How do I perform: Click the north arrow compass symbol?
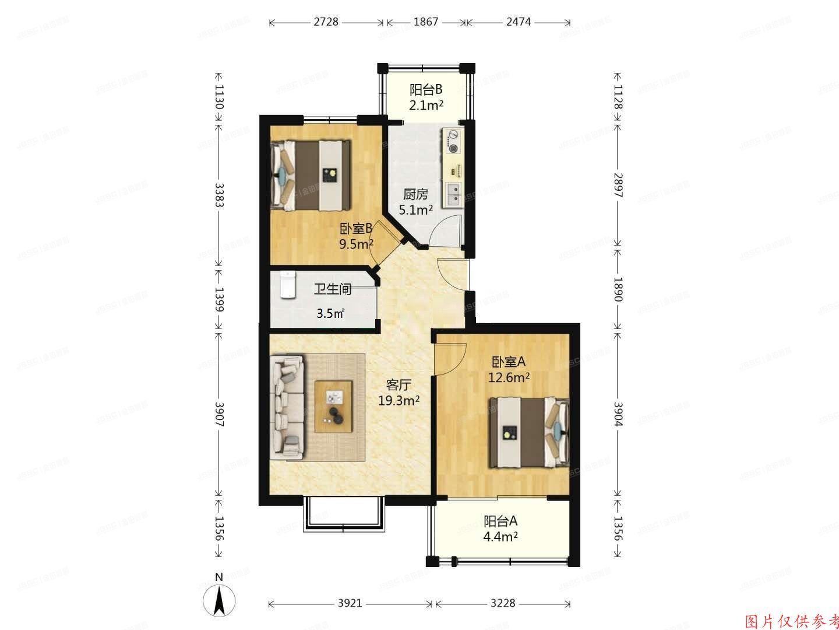pos(219,598)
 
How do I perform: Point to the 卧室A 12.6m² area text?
pos(509,369)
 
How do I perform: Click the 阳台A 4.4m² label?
pos(500,528)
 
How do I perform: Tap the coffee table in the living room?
pos(334,406)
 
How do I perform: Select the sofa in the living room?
pos(287,406)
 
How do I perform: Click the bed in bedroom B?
pos(311,174)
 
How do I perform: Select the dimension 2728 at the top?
pos(326,23)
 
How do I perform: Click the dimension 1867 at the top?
pos(426,23)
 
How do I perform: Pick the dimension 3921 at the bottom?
pos(350,603)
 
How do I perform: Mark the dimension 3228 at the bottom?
pos(502,603)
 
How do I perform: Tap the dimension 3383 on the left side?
pos(219,195)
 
